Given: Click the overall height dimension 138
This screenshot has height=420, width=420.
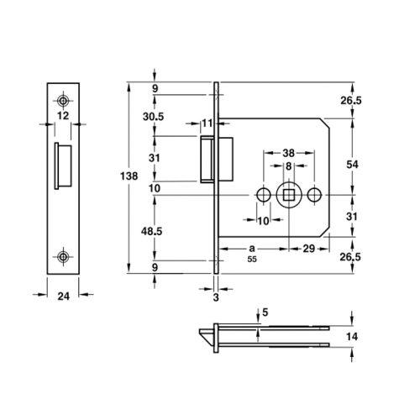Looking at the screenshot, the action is pos(129,176).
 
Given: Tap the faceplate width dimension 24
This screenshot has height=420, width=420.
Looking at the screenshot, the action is pos(63,296).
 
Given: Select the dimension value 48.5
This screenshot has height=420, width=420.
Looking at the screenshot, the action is pos(151,231).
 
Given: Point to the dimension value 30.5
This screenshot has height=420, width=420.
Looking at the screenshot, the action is pos(153,117).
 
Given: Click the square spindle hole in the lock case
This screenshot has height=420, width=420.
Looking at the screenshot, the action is pos(288,195).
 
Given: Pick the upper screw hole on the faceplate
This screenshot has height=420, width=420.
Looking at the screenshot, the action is pos(63,101).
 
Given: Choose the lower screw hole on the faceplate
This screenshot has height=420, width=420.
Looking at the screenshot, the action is pos(63,256).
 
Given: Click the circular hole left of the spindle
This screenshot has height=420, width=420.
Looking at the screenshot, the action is pos(264,195).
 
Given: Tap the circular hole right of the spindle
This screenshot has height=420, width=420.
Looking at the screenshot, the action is pos(314,195).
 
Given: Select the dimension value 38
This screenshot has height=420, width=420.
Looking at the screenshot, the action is pos(288,153).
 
